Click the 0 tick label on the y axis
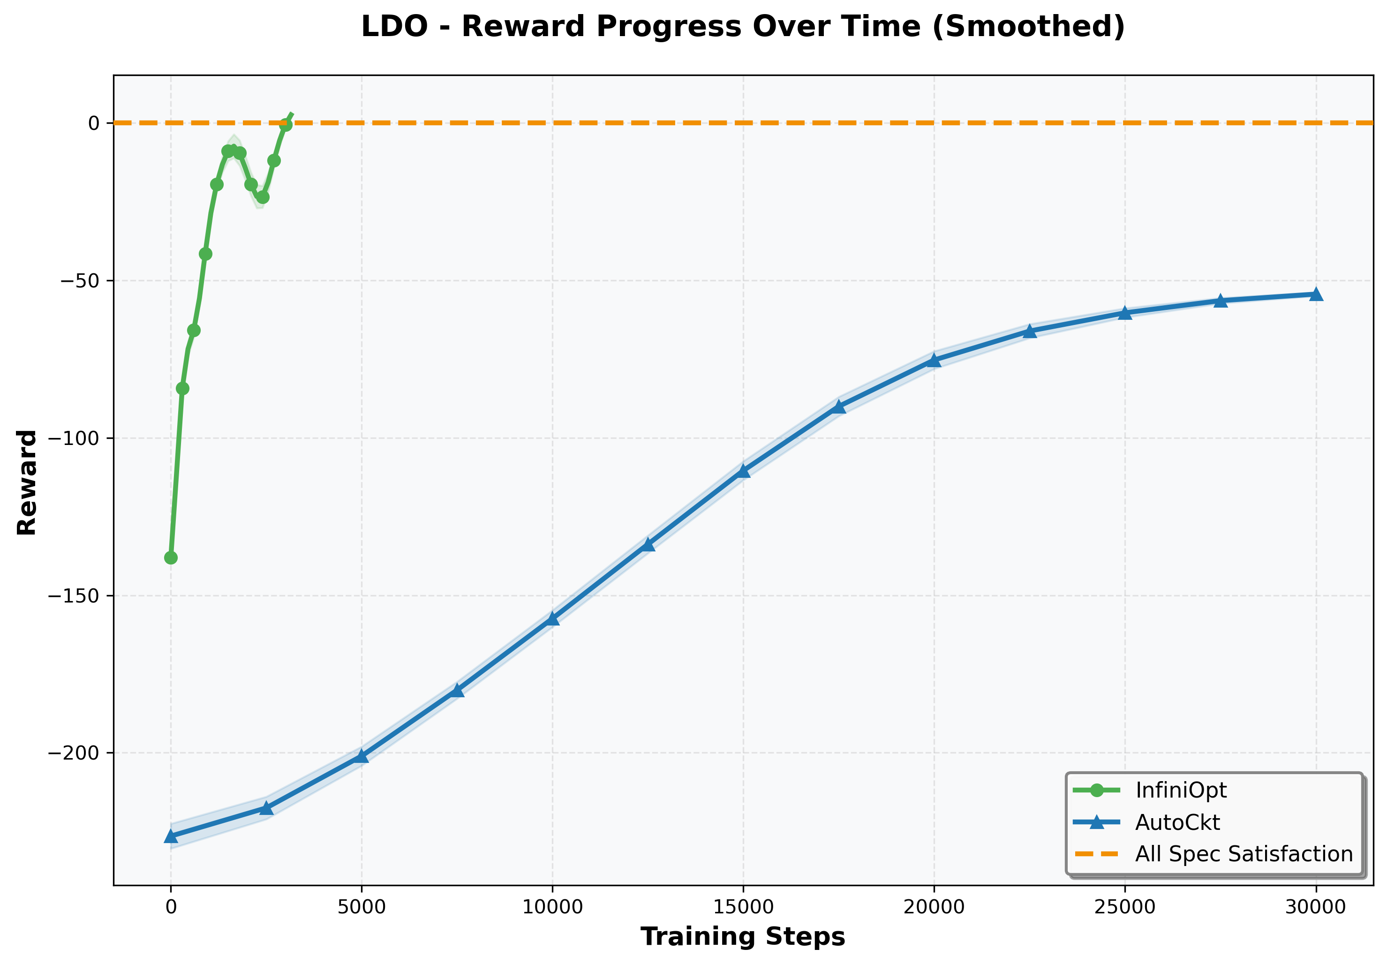coord(94,123)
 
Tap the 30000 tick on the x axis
coord(1316,907)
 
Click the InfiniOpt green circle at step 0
coord(171,557)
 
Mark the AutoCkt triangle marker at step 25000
coord(1125,313)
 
